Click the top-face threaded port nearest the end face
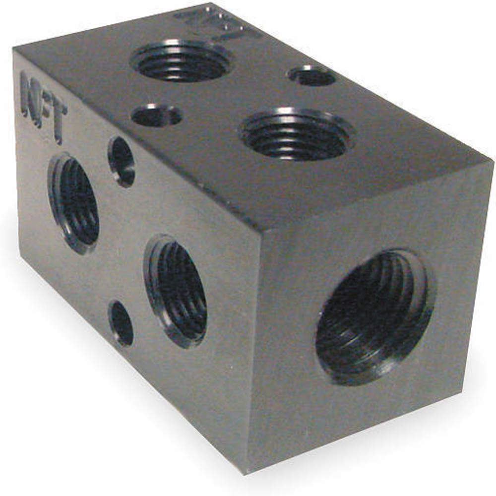point(296,134)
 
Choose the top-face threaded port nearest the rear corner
point(181,61)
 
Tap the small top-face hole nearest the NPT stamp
point(157,116)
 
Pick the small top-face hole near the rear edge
point(311,76)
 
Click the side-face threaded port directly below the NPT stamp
point(74,204)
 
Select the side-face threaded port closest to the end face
point(176,290)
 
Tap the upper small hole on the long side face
point(122,162)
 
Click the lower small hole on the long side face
point(122,323)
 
